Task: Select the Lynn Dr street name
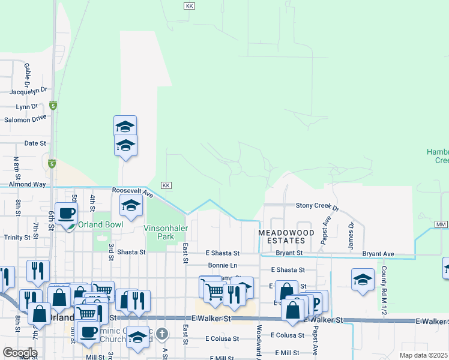pyautogui.click(x=27, y=106)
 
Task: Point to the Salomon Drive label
pyautogui.click(x=25, y=119)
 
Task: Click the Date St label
pyautogui.click(x=35, y=143)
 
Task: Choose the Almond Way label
pyautogui.click(x=27, y=185)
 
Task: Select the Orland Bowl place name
pyautogui.click(x=100, y=224)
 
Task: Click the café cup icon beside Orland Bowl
pyautogui.click(x=67, y=213)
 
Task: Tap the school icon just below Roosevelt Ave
pyautogui.click(x=131, y=206)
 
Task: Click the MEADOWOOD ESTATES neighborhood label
pyautogui.click(x=282, y=236)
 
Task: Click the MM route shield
pyautogui.click(x=441, y=224)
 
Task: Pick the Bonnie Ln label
pyautogui.click(x=223, y=265)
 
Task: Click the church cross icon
pyautogui.click(x=161, y=333)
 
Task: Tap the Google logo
pyautogui.click(x=20, y=353)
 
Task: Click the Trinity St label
pyautogui.click(x=17, y=238)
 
